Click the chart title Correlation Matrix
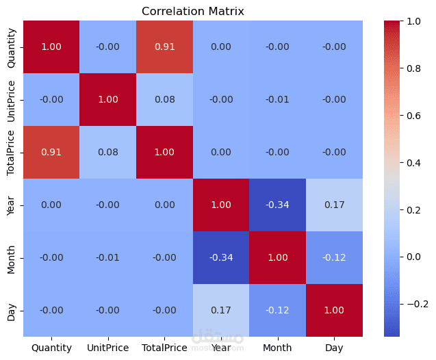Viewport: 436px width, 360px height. point(192,12)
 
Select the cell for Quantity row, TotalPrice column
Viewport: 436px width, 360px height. point(164,47)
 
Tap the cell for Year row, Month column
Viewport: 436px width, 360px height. point(278,205)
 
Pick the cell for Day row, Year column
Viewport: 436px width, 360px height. point(221,310)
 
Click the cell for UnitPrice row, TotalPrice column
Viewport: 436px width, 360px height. point(164,99)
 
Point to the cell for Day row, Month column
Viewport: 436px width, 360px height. point(278,310)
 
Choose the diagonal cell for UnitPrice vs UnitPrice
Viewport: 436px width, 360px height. point(108,99)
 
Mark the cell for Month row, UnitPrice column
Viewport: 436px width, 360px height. point(108,257)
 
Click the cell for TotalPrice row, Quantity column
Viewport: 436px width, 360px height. point(51,152)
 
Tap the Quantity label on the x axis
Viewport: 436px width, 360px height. point(51,348)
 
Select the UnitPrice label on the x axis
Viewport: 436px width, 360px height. point(108,348)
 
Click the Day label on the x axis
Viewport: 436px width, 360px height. point(334,348)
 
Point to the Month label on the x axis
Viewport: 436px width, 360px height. point(278,348)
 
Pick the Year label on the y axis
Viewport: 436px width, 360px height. point(11,205)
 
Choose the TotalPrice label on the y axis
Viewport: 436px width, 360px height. point(11,152)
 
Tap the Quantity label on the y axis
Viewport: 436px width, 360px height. point(11,47)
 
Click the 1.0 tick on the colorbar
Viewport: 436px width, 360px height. point(414,21)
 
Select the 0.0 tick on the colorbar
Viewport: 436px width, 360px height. point(414,257)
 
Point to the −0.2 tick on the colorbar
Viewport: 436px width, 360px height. point(417,304)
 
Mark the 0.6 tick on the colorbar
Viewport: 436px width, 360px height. point(414,116)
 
